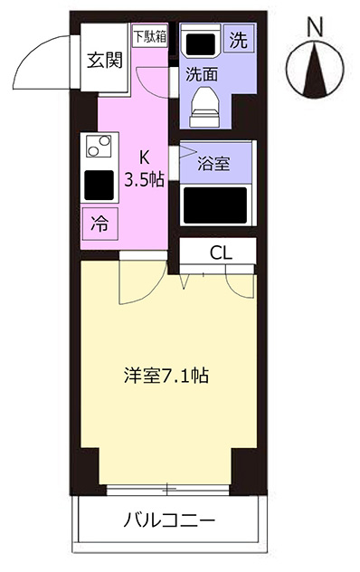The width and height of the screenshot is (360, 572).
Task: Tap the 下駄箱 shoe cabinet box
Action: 150,36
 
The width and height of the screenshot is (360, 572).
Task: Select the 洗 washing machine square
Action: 238,40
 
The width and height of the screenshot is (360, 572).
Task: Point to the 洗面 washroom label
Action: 202,74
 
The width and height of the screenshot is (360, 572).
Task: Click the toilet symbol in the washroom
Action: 204,107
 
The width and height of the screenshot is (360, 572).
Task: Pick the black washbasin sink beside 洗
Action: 201,43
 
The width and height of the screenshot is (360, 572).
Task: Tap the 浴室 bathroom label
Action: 213,164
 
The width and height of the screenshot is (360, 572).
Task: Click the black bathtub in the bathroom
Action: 215,205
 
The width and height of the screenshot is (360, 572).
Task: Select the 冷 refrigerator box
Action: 99,224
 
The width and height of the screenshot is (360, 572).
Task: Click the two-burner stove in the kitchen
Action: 99,146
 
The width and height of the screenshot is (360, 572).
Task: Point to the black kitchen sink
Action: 99,185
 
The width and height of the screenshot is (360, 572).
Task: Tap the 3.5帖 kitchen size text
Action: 144,180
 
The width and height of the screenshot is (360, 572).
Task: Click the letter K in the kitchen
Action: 145,157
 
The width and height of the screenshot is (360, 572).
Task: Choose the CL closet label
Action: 221,253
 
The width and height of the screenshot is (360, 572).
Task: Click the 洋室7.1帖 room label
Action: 166,376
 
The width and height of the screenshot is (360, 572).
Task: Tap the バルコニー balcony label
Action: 169,520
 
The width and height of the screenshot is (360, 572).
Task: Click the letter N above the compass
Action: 315,28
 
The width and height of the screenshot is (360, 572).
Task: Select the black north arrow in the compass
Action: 315,71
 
